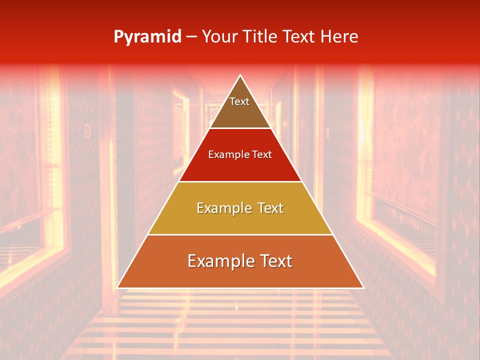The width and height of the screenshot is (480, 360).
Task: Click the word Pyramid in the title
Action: point(147,37)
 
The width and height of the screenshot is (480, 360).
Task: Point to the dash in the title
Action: point(191,37)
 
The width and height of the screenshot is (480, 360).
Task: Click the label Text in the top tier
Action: point(239,101)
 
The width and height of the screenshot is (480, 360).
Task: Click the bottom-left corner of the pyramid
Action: point(117,287)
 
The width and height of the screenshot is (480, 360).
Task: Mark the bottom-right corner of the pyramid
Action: point(363,287)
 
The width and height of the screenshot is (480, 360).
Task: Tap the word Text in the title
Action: point(300,36)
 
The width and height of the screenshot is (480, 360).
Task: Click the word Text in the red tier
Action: point(261,155)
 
